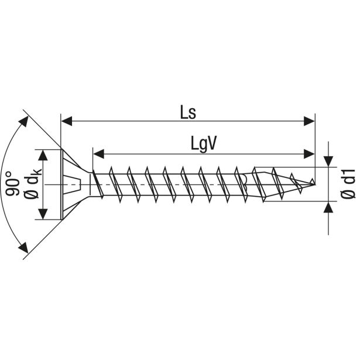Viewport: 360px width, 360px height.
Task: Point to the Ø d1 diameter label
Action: tap(348, 184)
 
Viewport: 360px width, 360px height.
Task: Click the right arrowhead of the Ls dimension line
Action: tap(310, 121)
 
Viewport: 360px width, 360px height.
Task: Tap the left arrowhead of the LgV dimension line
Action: tap(98, 154)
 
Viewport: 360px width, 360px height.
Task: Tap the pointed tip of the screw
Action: tap(314, 184)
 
